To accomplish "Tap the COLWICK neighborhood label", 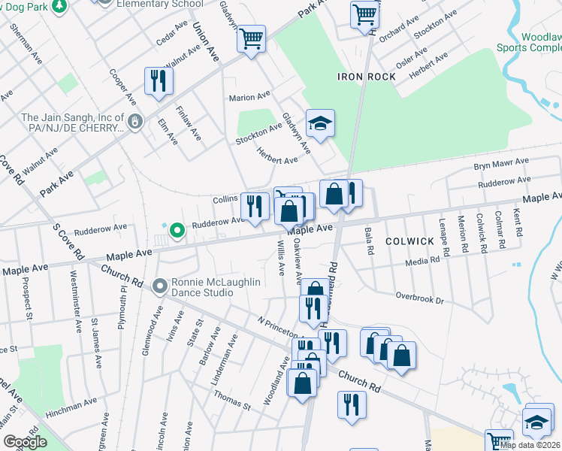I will click(410, 241).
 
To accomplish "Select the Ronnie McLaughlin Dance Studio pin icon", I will click(159, 286).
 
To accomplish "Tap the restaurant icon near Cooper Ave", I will click(158, 80).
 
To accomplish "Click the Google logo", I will click(26, 442).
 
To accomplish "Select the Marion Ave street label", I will click(249, 97).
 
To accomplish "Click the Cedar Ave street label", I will click(171, 34).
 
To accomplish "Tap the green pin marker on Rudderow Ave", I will click(177, 230).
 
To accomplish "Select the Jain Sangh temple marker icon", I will click(134, 120).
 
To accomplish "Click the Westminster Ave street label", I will click(77, 301).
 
